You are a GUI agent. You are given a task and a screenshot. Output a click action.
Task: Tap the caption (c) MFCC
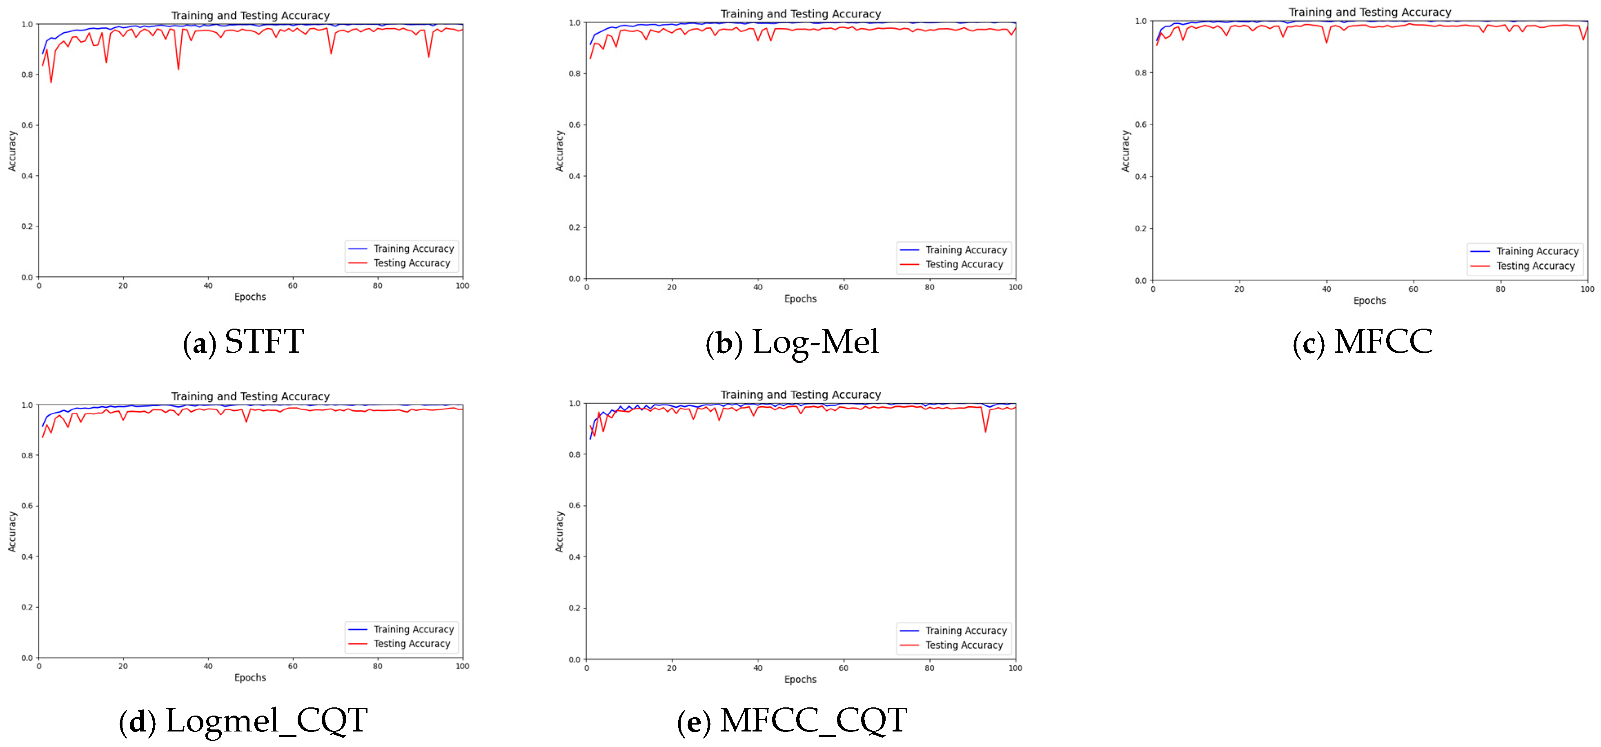1363,342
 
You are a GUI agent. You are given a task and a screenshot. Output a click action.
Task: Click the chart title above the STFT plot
250,16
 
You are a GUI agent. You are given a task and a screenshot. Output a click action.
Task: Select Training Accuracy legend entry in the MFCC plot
1537,251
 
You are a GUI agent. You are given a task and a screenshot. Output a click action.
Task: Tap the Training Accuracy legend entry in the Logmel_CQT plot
413,629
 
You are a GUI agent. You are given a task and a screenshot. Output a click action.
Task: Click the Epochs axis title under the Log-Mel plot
800,299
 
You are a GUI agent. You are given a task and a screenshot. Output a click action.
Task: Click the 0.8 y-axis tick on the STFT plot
27,75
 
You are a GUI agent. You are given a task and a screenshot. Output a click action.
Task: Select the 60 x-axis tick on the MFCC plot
1413,289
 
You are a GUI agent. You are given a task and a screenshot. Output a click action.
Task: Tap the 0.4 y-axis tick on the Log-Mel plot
575,176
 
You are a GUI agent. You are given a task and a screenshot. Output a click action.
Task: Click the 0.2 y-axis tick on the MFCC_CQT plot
575,608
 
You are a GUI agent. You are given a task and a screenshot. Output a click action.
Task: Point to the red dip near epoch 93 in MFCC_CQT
985,432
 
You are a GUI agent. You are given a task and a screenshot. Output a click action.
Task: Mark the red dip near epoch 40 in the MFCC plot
1327,42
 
